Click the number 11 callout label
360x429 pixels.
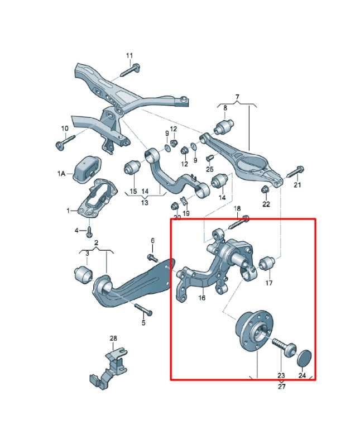[129, 55]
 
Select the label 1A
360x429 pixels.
[61, 173]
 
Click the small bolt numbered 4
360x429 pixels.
[89, 232]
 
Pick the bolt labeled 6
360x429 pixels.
[152, 258]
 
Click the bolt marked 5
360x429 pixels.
[143, 309]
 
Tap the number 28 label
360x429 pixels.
[113, 338]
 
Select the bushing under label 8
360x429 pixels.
[224, 126]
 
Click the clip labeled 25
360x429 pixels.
[210, 159]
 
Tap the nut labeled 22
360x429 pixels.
[265, 189]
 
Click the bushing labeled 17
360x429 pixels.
[267, 263]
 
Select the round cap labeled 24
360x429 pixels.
[304, 357]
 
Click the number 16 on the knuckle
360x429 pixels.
[201, 297]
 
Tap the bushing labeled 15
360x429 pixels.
[133, 168]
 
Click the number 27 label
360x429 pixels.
[281, 386]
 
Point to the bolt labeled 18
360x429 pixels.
[237, 223]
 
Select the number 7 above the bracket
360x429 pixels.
[237, 97]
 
